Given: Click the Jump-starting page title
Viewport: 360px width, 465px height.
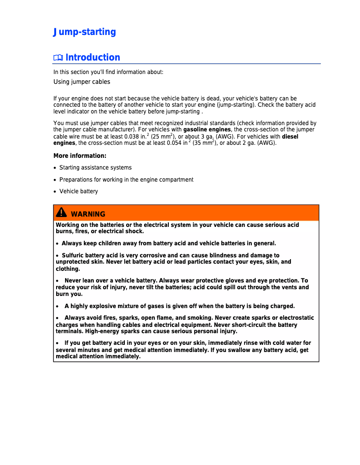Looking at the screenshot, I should [84, 32].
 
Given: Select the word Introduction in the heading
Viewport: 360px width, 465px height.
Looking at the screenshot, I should [93, 57].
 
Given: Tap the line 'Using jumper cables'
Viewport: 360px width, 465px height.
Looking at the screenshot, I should [82, 82].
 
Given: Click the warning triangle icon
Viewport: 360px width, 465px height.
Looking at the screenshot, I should [61, 213].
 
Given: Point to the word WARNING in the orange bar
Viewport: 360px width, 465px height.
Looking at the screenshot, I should [88, 214].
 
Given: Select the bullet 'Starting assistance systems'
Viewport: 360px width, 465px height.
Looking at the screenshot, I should [96, 168].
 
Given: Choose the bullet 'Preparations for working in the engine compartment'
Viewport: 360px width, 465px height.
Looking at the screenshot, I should [126, 180].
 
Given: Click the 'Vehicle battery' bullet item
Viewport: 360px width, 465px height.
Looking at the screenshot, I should [79, 191].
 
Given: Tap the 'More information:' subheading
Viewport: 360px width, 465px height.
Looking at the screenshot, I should [80, 156].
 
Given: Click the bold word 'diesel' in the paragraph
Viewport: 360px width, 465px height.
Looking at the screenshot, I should [290, 136].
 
